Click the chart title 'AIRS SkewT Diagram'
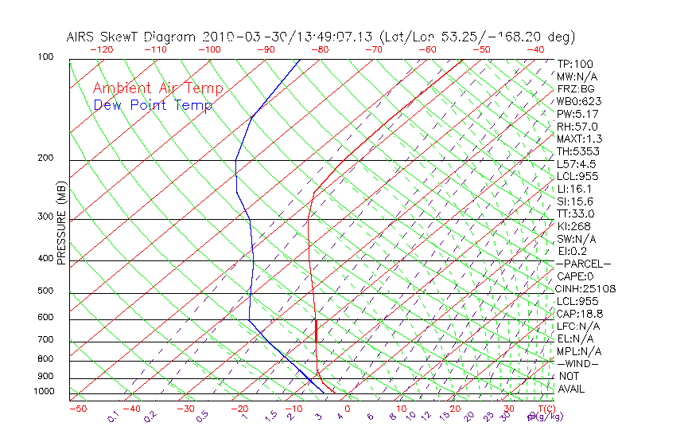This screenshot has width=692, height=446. pyautogui.click(x=131, y=37)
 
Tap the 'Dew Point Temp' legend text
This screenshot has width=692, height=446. pyautogui.click(x=152, y=105)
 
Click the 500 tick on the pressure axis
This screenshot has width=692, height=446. pyautogui.click(x=45, y=291)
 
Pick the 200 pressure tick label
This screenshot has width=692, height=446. pyautogui.click(x=45, y=158)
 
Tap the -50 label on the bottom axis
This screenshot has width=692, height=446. pyautogui.click(x=78, y=409)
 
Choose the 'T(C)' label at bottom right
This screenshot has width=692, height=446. pyautogui.click(x=545, y=409)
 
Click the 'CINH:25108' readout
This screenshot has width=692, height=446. pyautogui.click(x=586, y=288)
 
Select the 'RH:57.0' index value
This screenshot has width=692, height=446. pyautogui.click(x=577, y=127)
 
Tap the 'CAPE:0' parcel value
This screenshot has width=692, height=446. pyautogui.click(x=574, y=276)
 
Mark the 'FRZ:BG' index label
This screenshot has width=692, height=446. pyautogui.click(x=575, y=89)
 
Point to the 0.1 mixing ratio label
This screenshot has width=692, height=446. pyautogui.click(x=112, y=418)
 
